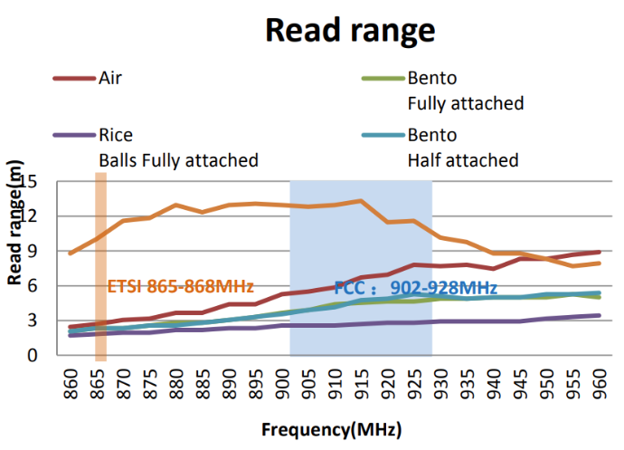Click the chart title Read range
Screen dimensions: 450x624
pyautogui.click(x=350, y=31)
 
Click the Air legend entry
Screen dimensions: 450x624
pyautogui.click(x=109, y=77)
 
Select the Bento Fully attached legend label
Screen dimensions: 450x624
pyautogui.click(x=465, y=90)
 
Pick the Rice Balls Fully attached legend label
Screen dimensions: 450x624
pyautogui.click(x=177, y=148)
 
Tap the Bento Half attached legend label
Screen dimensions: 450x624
pyautogui.click(x=462, y=148)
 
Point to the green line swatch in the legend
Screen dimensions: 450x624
pyautogui.click(x=379, y=78)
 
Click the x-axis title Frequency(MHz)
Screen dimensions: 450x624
pyautogui.click(x=332, y=428)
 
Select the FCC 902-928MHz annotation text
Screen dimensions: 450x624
pyautogui.click(x=416, y=287)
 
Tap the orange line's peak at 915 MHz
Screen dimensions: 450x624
pyautogui.click(x=361, y=201)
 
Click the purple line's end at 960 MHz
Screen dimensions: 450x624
pyautogui.click(x=598, y=315)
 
